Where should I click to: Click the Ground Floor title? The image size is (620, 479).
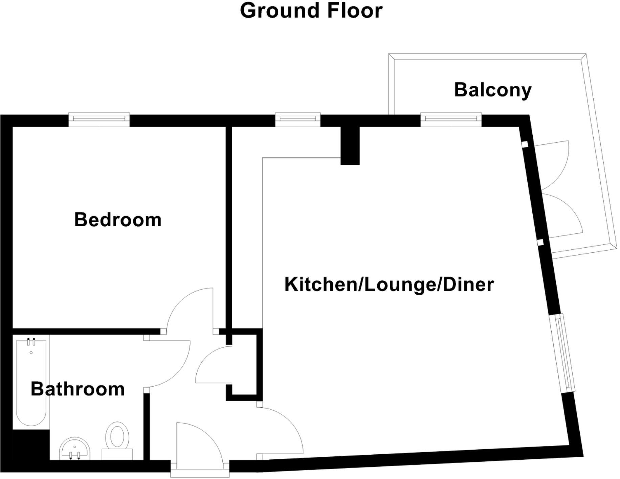click(x=311, y=10)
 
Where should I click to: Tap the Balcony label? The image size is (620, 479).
click(x=492, y=90)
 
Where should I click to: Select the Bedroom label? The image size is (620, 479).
click(x=118, y=220)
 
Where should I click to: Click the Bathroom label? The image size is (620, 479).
click(x=78, y=389)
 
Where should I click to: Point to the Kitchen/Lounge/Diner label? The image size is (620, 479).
click(x=389, y=284)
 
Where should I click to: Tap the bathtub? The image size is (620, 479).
click(x=31, y=382)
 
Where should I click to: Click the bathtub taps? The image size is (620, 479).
click(x=31, y=342)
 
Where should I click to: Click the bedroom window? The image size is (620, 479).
click(x=99, y=119)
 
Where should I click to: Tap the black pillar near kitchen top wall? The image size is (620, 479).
click(x=350, y=145)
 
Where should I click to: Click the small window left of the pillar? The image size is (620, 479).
click(x=298, y=119)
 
